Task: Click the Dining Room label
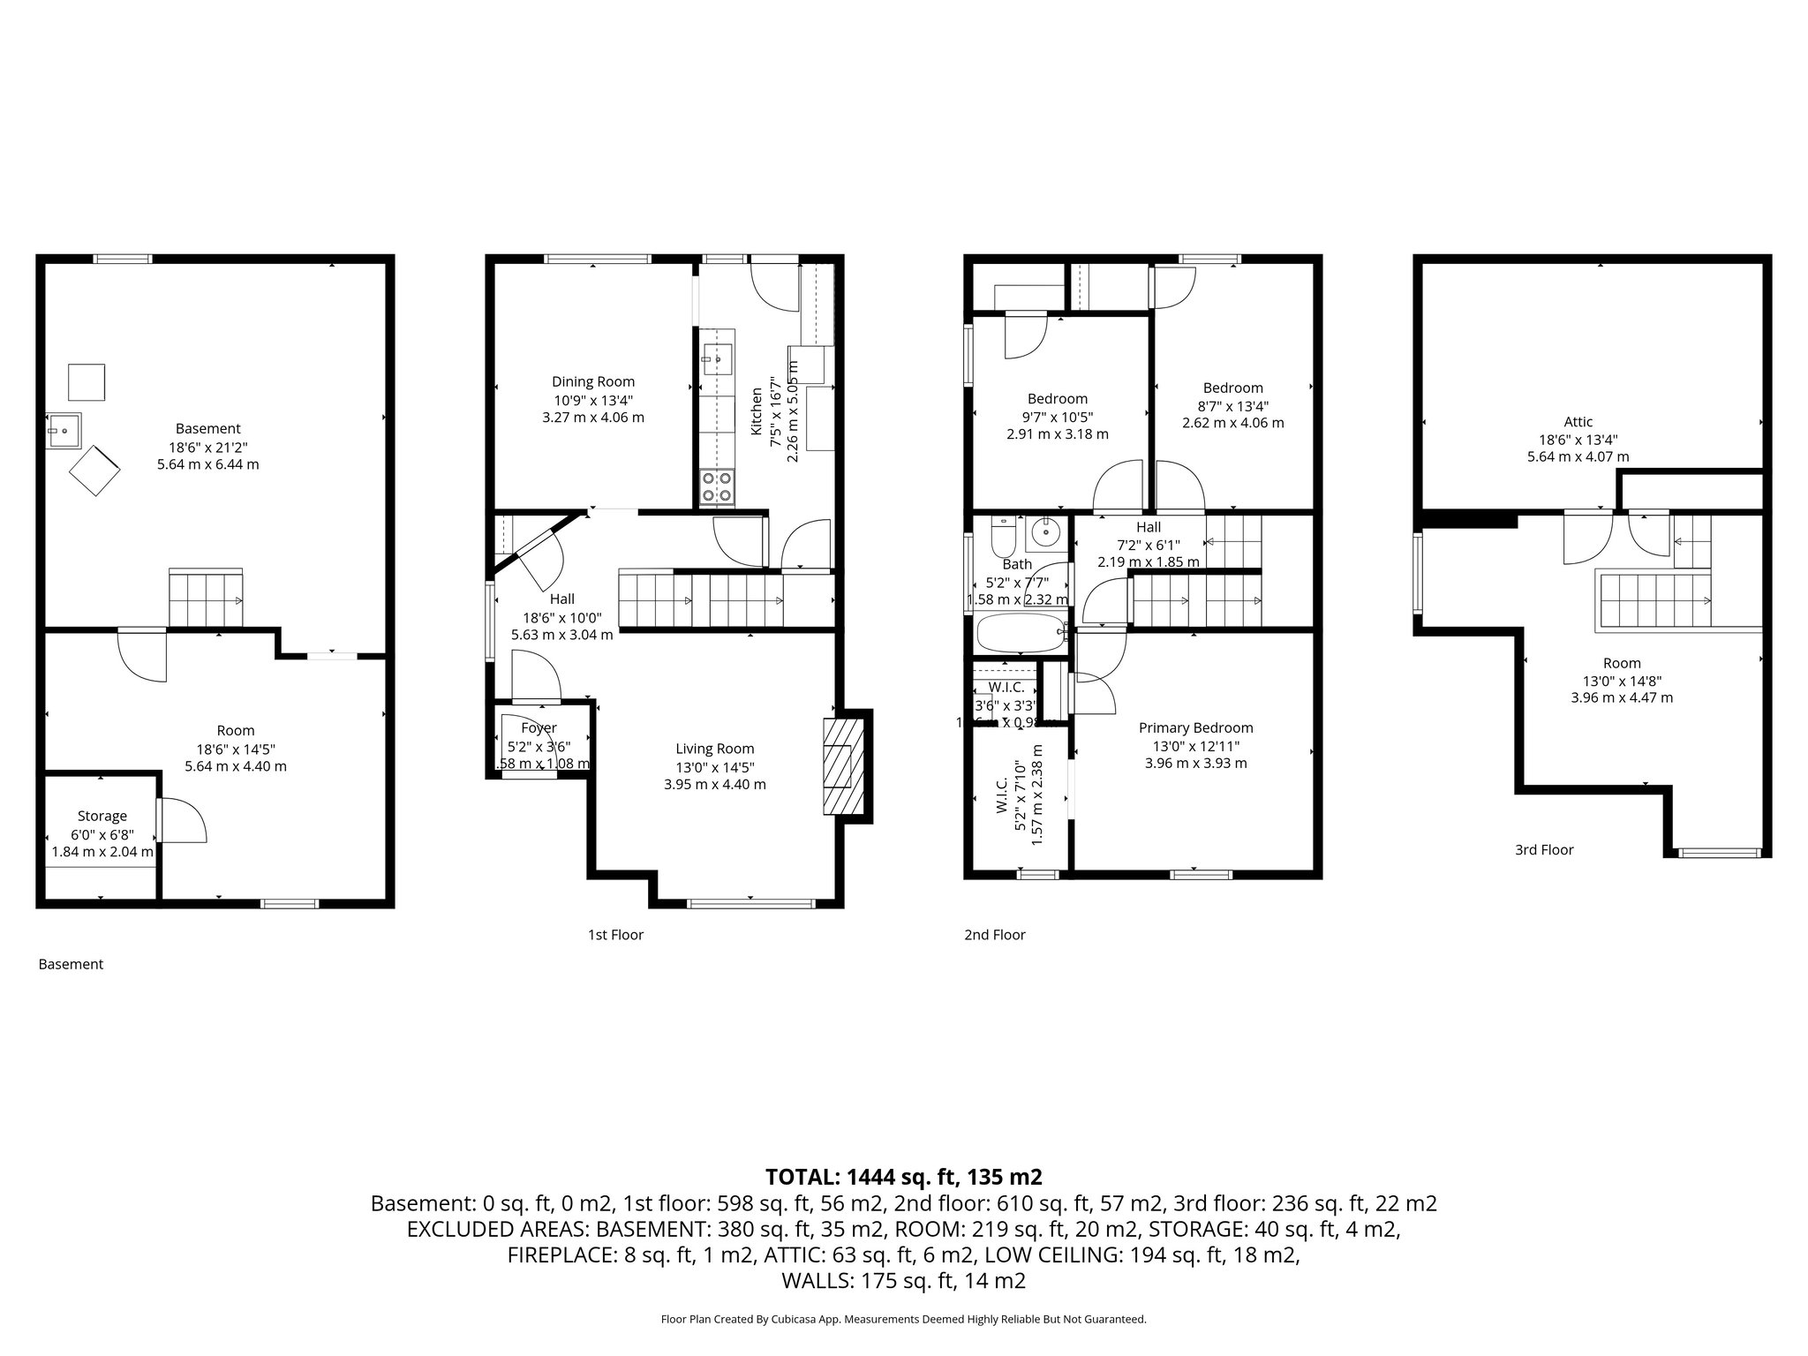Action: pos(592,381)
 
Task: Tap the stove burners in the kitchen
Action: pos(717,487)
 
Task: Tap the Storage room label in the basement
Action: pos(102,816)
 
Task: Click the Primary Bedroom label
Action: pos(1195,727)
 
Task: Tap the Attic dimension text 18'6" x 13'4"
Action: pos(1578,440)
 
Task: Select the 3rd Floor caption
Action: pos(1544,850)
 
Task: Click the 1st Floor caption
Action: pos(615,935)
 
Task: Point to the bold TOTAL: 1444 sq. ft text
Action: pos(903,1177)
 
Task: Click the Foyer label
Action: pos(539,727)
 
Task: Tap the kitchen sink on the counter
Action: pos(717,358)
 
